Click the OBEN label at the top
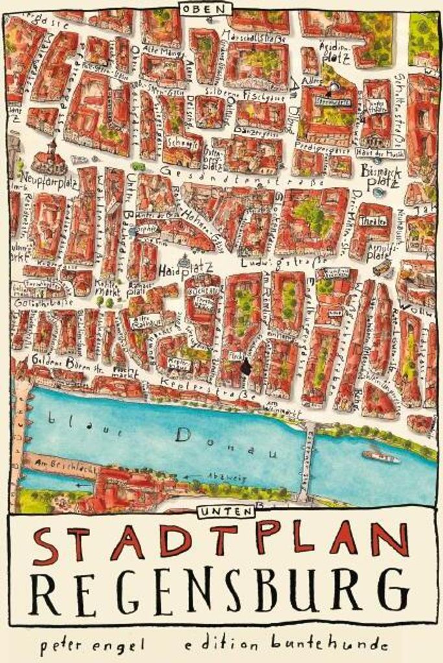coord(206,9)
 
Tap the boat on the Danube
coord(381,456)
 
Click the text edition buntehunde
coord(285,644)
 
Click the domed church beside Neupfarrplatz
coord(49,159)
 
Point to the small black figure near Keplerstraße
coord(245,368)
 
